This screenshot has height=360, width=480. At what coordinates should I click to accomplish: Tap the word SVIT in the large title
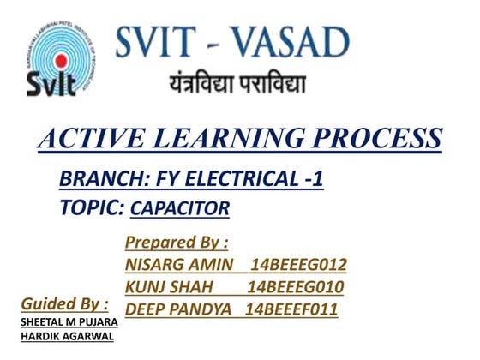[159, 42]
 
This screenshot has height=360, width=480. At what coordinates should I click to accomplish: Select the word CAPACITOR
[180, 207]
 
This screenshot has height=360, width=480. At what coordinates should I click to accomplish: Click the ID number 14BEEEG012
[296, 264]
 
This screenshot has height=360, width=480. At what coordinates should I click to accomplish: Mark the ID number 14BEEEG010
[296, 285]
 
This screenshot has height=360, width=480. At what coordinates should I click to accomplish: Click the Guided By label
[64, 303]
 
